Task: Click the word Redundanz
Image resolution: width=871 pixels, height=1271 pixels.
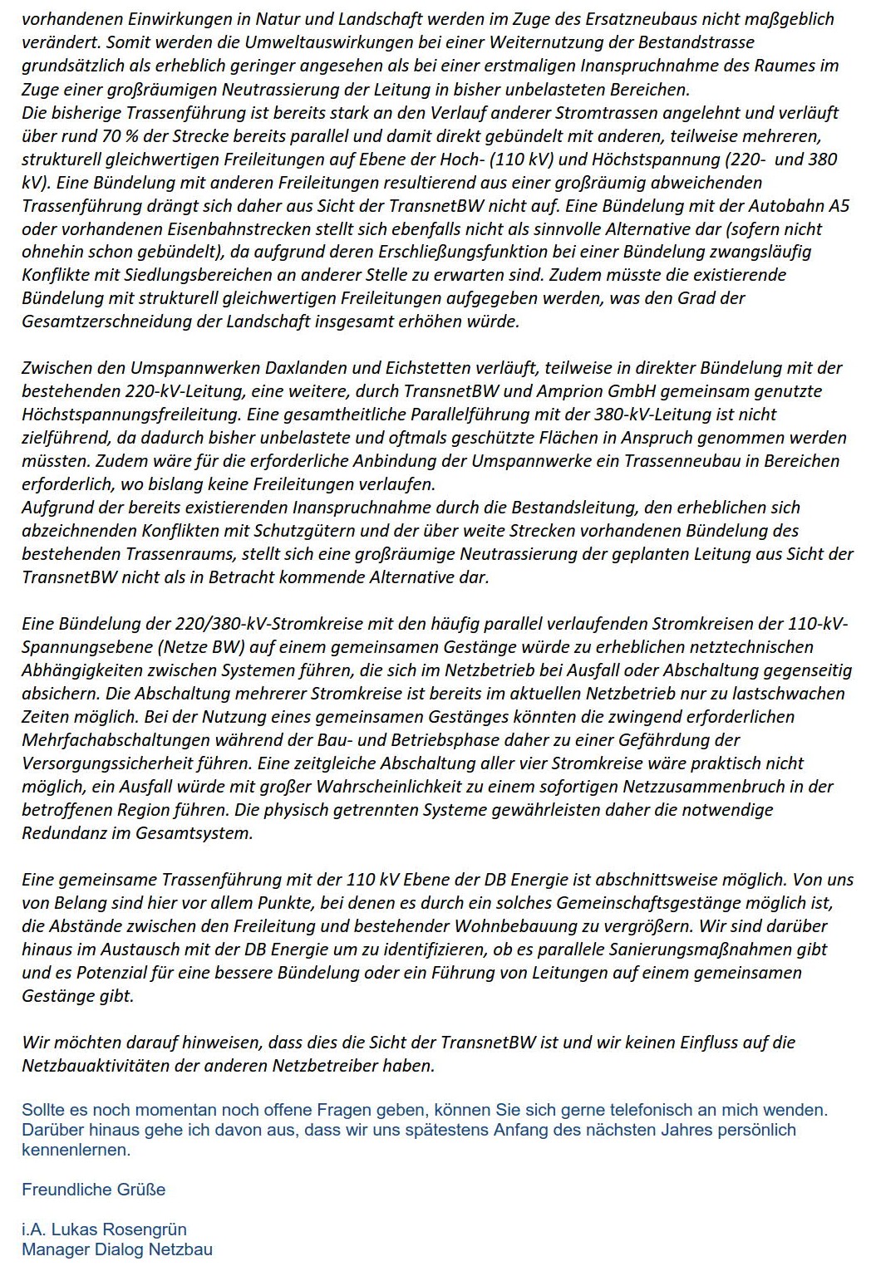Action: click(x=63, y=832)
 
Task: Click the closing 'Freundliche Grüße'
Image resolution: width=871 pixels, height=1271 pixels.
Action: click(x=93, y=1189)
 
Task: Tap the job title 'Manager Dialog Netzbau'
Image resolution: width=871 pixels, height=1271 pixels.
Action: click(x=116, y=1249)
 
